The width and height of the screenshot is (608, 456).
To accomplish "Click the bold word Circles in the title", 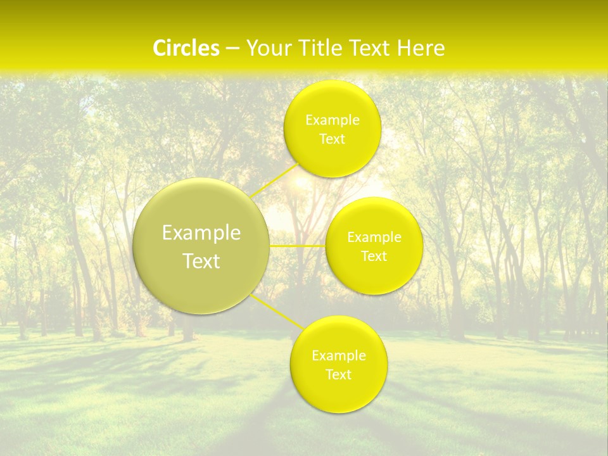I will (x=186, y=48).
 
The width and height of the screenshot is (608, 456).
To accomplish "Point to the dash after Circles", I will (x=232, y=49).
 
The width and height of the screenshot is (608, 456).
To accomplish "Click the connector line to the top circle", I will (x=274, y=181).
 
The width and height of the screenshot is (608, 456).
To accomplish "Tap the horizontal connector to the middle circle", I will (x=298, y=246).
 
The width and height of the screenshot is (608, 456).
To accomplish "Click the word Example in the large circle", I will (x=201, y=233).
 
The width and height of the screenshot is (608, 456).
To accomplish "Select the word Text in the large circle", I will (x=201, y=261).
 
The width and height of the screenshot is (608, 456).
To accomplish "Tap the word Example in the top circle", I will (x=332, y=120).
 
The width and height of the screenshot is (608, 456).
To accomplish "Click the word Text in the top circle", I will (x=332, y=139).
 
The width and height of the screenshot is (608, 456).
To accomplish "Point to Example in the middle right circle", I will (x=374, y=237).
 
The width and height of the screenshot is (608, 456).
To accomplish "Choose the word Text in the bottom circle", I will (x=339, y=374).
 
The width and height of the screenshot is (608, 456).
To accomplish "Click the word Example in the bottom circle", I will (x=339, y=356).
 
